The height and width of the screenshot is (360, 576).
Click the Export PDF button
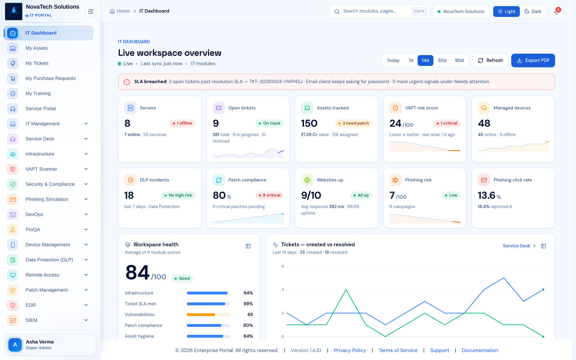pos(533,60)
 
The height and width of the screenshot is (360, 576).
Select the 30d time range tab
pos(442,60)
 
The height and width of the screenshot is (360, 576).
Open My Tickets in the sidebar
pos(37,63)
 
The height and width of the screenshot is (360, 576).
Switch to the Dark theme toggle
pos(533,12)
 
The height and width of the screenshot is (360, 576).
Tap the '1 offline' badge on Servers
pos(182,123)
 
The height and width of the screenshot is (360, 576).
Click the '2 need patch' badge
pos(353,123)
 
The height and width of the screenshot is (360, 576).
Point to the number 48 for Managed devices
pos(484,124)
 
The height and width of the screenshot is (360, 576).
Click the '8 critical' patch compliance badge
pos(270,195)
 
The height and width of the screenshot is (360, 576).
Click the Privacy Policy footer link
pos(350,350)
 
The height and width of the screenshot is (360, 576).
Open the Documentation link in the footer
pos(480,350)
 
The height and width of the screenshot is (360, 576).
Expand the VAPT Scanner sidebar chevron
pos(86,169)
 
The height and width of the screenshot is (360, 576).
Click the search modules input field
pos(373,11)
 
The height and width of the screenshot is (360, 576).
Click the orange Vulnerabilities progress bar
pos(201,314)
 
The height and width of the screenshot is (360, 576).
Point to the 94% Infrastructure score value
pos(248,293)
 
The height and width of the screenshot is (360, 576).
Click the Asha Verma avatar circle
pos(15,344)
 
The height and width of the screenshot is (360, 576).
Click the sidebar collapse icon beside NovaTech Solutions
pos(90,12)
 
